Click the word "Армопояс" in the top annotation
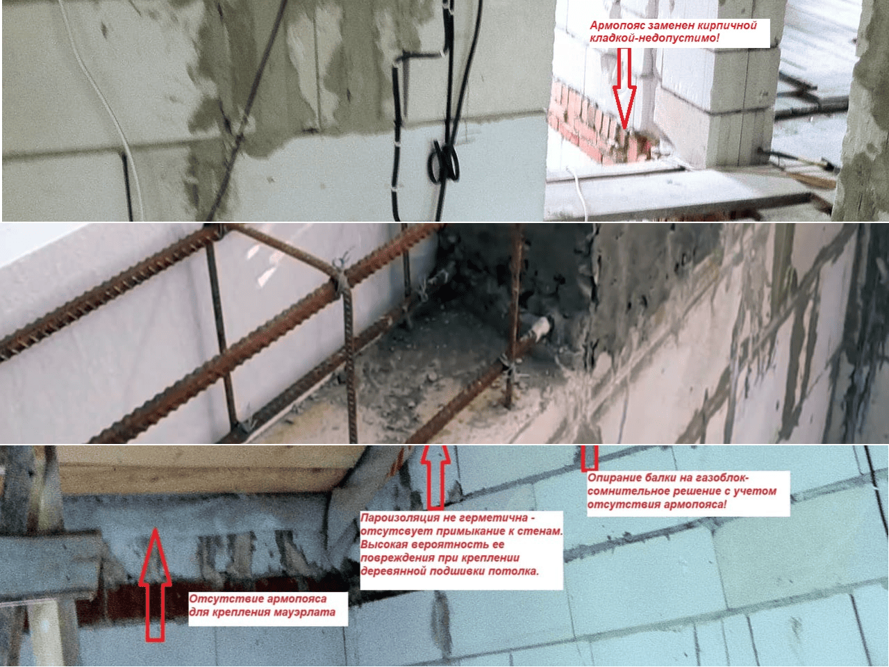pyautogui.click(x=618, y=26)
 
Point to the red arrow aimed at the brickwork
pyautogui.click(x=624, y=88)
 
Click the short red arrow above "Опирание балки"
pyautogui.click(x=590, y=458)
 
